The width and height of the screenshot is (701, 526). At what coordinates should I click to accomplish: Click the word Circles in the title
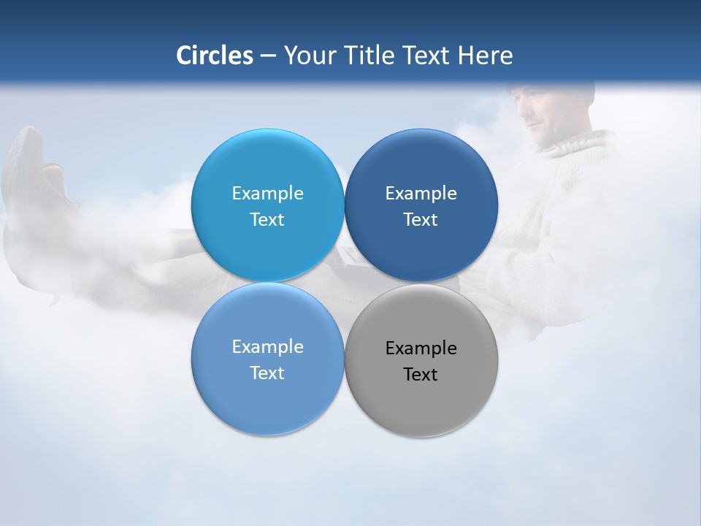coord(215,56)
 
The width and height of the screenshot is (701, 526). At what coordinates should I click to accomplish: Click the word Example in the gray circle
coord(421,348)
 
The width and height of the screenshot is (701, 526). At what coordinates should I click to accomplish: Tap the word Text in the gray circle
coord(421,375)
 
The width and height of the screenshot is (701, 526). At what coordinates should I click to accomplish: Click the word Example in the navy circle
coord(421,194)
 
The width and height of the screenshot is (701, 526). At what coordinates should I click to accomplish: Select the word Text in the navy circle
coord(421,220)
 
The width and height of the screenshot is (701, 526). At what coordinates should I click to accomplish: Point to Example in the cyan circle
coord(267,194)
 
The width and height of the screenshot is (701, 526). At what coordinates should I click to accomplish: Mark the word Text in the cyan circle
coord(267,220)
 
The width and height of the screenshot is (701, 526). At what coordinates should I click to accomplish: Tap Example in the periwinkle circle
coord(267,347)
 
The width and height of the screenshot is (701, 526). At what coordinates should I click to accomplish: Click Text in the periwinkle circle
coord(267,373)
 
